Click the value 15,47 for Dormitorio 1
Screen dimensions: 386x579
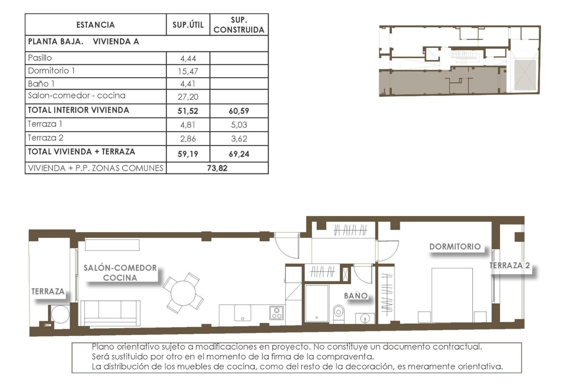point(188,71)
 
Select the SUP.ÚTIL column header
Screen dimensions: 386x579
point(188,25)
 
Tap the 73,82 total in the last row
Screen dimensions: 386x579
point(217,168)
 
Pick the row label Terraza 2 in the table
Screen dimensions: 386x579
point(45,138)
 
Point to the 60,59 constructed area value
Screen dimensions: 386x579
point(239,111)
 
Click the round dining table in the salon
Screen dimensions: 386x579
point(183,293)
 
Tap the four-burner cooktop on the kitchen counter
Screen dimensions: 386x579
point(276,313)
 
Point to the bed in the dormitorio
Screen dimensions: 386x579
point(452,295)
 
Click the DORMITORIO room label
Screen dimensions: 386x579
point(455,247)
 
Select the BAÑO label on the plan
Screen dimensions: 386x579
point(356,296)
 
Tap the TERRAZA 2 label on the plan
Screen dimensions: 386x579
point(509,266)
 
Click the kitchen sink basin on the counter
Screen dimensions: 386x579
point(242,313)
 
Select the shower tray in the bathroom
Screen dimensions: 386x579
point(317,303)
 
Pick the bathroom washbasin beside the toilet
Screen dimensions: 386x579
point(365,317)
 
